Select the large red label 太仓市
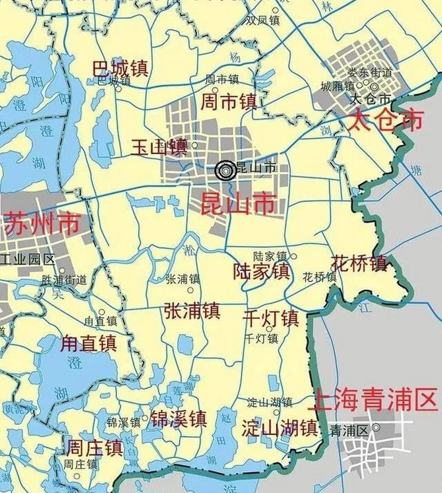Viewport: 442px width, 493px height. click(385, 120)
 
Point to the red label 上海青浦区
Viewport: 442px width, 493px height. click(373, 399)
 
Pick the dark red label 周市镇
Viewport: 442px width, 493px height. click(229, 102)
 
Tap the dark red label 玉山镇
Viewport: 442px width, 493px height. click(159, 148)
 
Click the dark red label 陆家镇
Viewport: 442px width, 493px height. click(261, 271)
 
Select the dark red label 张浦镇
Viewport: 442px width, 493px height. click(192, 310)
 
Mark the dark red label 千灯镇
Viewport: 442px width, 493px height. click(271, 318)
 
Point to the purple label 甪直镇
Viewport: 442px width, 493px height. click(89, 343)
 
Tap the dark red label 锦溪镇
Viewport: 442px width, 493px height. click(178, 419)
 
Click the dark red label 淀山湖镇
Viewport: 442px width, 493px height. click(279, 428)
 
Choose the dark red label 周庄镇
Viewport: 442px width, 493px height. click(95, 448)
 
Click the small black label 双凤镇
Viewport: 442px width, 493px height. click(263, 20)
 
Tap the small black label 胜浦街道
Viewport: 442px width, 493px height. click(64, 280)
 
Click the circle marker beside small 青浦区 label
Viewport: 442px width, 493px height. click(376, 427)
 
